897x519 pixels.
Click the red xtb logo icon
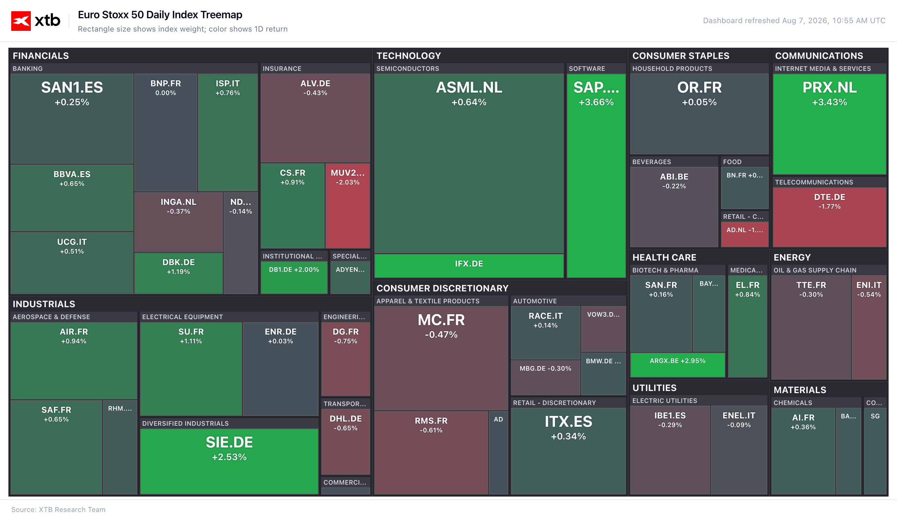[21, 21]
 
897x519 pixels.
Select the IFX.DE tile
[469, 265]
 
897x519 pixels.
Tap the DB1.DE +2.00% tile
[294, 277]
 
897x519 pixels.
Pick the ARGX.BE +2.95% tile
[677, 365]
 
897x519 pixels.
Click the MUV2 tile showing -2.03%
[347, 205]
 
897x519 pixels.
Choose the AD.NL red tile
[745, 234]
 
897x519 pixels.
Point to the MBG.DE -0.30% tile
[545, 377]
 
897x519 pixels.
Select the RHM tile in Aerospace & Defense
[120, 447]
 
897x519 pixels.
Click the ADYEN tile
[350, 277]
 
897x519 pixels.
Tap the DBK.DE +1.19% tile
[178, 273]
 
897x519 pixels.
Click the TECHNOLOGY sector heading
[409, 56]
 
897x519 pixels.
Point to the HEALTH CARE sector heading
[664, 257]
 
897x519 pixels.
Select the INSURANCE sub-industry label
[282, 69]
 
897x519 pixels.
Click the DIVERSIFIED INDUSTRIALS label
[185, 424]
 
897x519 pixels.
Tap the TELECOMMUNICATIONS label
[814, 182]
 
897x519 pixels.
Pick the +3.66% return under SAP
[596, 103]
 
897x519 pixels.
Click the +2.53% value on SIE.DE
[229, 457]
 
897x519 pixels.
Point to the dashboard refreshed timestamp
[794, 21]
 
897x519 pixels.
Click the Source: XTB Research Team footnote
[59, 510]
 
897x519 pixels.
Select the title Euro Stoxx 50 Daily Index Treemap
[160, 15]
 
